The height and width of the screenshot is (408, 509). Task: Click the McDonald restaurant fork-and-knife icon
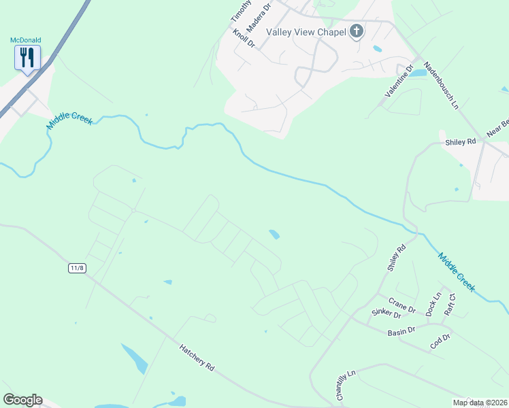pos(27,57)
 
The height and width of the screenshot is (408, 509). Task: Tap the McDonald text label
pos(26,40)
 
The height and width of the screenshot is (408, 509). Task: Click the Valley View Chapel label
pos(305,32)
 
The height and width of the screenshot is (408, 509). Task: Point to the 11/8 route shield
pos(78,268)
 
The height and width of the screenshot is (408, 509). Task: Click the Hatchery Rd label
pos(197,357)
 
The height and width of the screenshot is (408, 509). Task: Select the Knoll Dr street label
pos(243,38)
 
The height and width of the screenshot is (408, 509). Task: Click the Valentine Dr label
pos(399,81)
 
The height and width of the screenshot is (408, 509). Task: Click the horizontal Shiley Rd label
pos(460,142)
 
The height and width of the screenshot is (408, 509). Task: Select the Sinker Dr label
pos(384,312)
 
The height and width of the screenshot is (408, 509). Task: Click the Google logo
pos(22,400)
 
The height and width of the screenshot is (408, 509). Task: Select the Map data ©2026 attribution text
pos(479,403)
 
